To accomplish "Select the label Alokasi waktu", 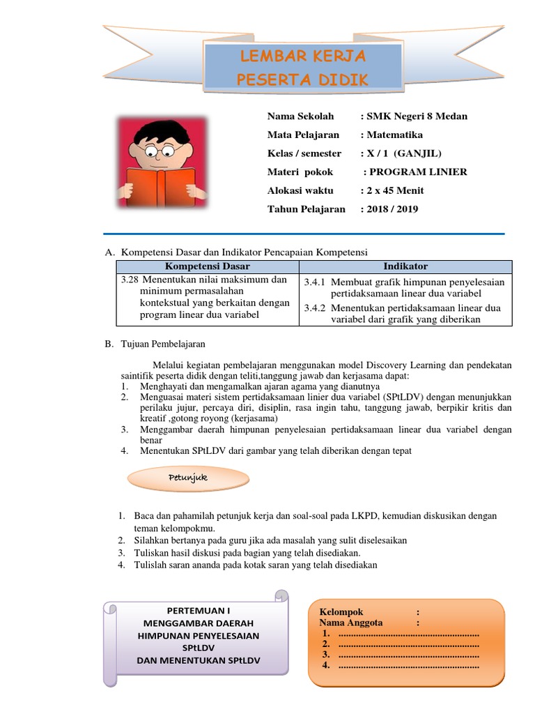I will [300, 190].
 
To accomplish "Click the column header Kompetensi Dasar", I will [207, 267].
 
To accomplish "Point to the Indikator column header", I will [405, 267].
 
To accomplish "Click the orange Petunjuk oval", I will [188, 478].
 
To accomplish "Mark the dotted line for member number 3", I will [408, 655].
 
